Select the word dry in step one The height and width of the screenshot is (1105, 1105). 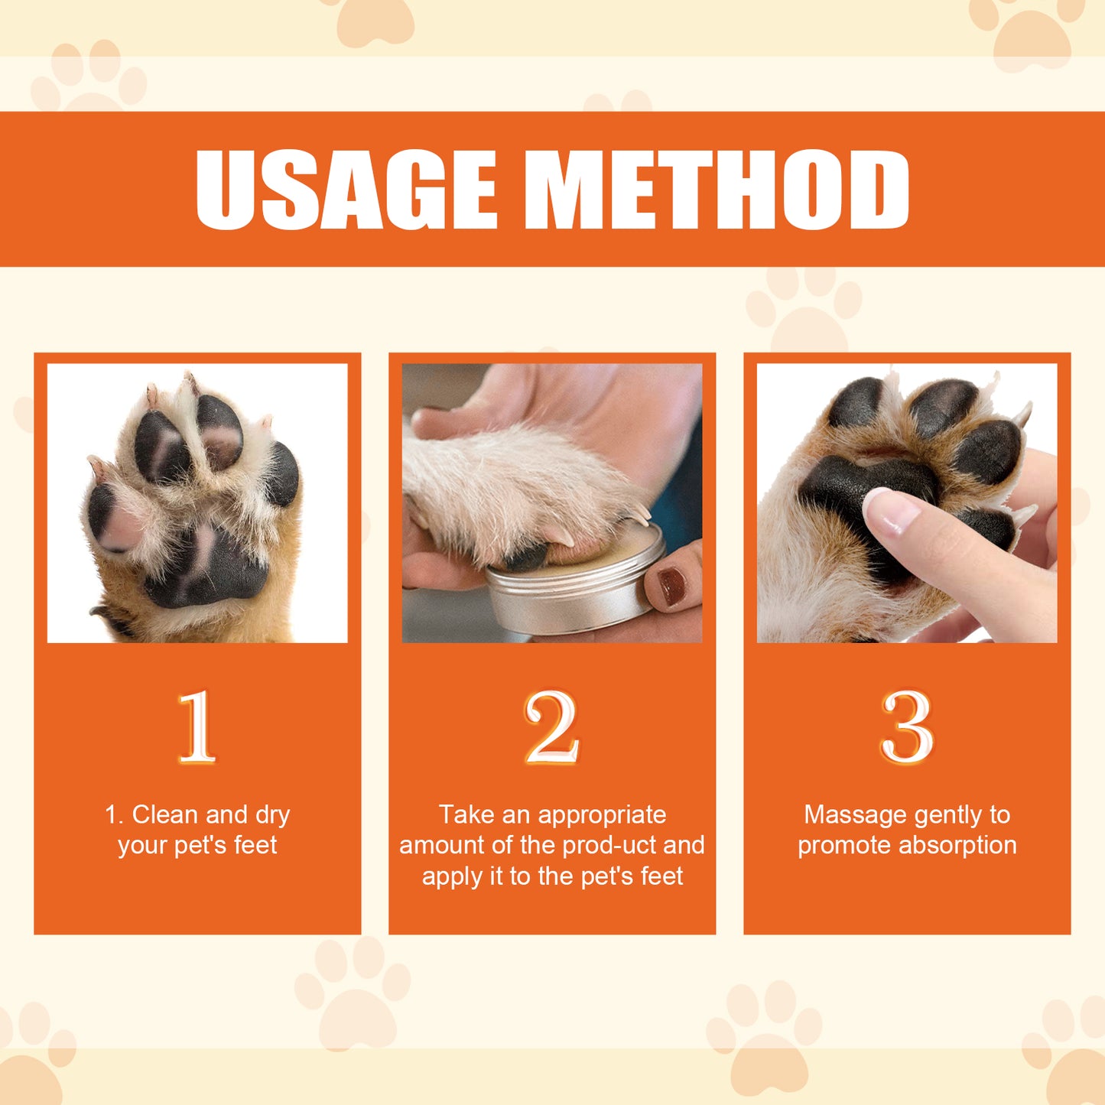tap(272, 815)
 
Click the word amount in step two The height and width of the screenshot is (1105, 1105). tap(440, 846)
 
